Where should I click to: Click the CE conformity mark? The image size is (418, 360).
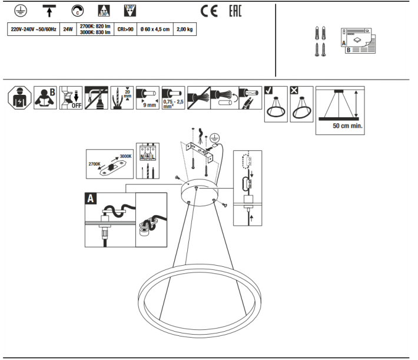(x=209, y=11)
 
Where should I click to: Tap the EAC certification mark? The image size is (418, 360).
(x=235, y=11)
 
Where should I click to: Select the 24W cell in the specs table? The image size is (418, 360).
(x=68, y=29)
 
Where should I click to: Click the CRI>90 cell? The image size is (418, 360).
(x=125, y=29)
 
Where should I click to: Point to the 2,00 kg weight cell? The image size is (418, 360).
(x=185, y=29)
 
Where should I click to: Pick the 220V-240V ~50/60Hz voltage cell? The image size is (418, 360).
(x=34, y=29)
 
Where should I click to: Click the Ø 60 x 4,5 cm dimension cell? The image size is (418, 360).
(x=155, y=29)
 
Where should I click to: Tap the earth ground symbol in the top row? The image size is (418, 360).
(x=21, y=11)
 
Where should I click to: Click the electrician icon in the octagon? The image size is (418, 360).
(x=19, y=98)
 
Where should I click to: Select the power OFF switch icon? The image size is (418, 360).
(x=71, y=98)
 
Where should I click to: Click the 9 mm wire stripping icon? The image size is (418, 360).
(x=148, y=98)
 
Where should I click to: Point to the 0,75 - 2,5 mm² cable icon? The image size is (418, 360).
(x=173, y=98)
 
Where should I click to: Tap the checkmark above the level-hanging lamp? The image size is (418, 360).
(x=268, y=91)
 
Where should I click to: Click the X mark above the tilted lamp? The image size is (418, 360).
(x=294, y=91)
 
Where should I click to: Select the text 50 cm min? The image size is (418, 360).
(x=347, y=126)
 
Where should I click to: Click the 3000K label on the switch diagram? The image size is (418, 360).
(x=125, y=156)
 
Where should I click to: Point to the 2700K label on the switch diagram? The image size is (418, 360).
(x=94, y=164)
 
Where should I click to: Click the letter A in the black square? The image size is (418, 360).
(x=91, y=199)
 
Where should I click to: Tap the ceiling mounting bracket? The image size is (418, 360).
(x=200, y=153)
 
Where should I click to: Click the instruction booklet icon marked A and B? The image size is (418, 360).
(x=358, y=41)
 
